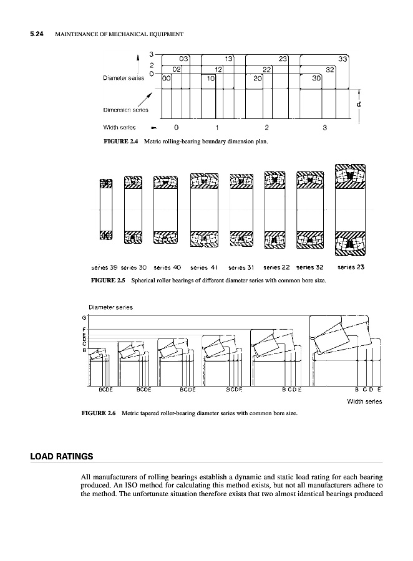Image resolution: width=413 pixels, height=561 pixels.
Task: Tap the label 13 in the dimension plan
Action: tap(229, 59)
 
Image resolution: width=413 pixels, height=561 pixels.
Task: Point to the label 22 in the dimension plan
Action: tap(266, 69)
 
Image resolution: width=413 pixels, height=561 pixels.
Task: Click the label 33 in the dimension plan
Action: tap(342, 59)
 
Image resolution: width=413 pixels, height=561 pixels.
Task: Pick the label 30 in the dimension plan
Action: tap(316, 79)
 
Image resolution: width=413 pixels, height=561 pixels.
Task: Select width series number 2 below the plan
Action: tap(266, 128)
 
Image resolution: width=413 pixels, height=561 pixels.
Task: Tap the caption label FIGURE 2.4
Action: tap(121, 141)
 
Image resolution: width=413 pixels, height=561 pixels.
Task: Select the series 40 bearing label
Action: tap(167, 267)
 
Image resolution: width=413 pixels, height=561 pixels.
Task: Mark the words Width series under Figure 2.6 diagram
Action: tap(364, 401)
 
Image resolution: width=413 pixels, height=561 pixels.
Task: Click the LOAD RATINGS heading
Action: tap(61, 456)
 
